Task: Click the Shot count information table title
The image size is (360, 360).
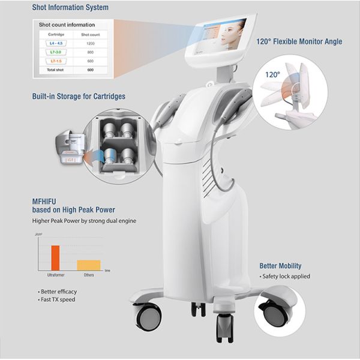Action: tap(67, 25)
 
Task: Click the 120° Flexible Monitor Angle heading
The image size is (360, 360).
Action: tap(299, 42)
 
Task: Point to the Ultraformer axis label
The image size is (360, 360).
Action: tap(55, 275)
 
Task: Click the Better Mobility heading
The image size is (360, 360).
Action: tap(280, 266)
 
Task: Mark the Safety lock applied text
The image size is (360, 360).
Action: tap(286, 277)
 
